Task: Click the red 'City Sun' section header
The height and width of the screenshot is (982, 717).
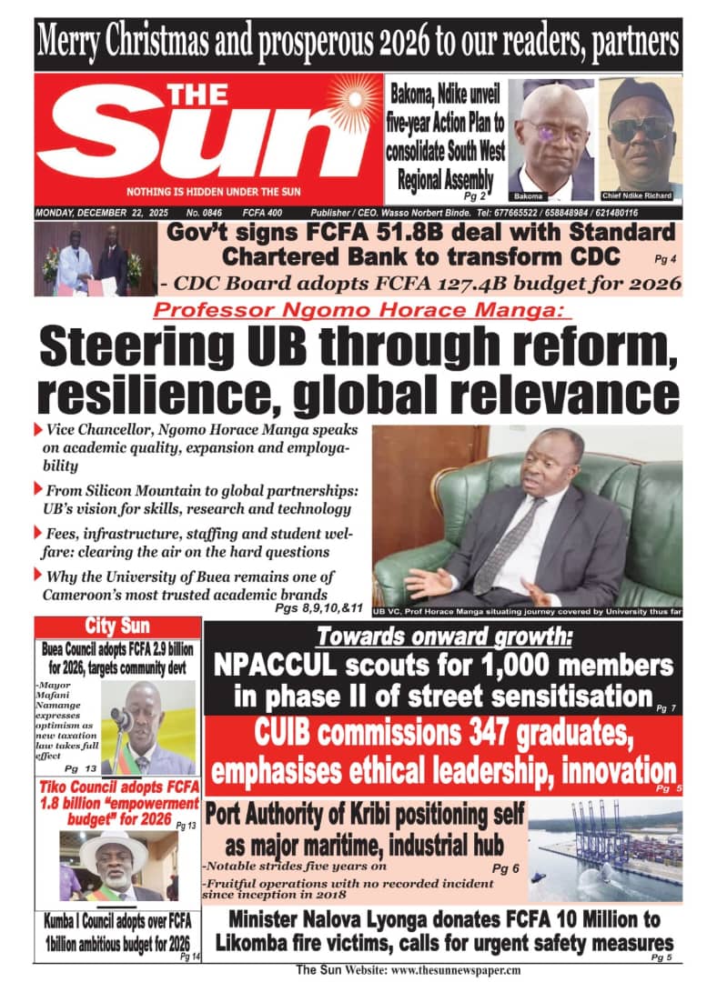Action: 118,626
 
